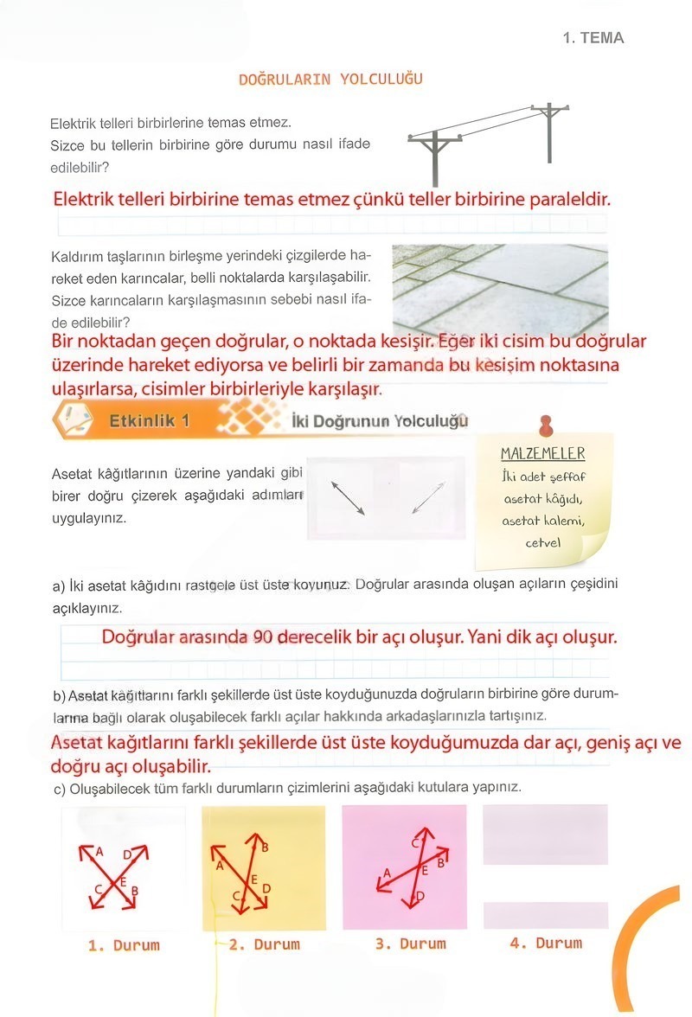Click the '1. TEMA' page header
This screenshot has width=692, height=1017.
click(x=593, y=38)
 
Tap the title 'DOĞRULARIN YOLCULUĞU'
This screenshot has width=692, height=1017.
click(x=330, y=80)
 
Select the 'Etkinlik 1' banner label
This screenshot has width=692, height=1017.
click(x=149, y=421)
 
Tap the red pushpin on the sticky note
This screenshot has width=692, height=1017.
click(x=545, y=425)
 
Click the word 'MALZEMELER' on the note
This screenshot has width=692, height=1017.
click(x=542, y=454)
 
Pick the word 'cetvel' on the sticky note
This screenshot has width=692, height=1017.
click(x=543, y=543)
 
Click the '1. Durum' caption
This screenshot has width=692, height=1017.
click(x=124, y=945)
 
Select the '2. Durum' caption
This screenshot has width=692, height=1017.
click(x=264, y=944)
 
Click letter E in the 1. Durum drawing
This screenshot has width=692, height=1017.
click(x=123, y=881)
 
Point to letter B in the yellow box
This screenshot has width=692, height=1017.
click(x=265, y=847)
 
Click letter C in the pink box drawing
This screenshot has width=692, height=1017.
click(x=414, y=842)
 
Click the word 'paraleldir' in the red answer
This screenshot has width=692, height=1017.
click(x=566, y=199)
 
